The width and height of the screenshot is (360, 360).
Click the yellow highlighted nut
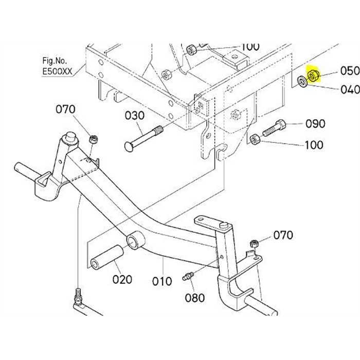pyautogui.click(x=313, y=77)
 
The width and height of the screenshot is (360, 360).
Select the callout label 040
pyautogui.click(x=350, y=89)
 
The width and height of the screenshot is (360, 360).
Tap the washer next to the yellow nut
pyautogui.click(x=302, y=81)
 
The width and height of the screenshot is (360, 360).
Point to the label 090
pyautogui.click(x=315, y=124)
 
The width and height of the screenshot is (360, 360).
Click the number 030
pyautogui.click(x=135, y=116)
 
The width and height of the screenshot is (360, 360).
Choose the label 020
pyautogui.click(x=122, y=280)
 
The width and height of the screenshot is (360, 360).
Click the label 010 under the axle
pyautogui.click(x=161, y=281)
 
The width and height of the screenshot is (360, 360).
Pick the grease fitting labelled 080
pyautogui.click(x=188, y=276)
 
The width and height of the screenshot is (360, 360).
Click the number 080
pyautogui.click(x=195, y=298)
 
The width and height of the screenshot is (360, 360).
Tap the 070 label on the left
pyautogui.click(x=65, y=110)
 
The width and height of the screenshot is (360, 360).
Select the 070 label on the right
pyautogui.click(x=283, y=236)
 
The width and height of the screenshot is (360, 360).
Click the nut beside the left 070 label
pyautogui.click(x=93, y=139)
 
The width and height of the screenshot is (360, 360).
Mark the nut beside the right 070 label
pyautogui.click(x=253, y=243)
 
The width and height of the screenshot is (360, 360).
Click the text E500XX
pyautogui.click(x=58, y=73)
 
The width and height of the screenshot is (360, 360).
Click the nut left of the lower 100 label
pyautogui.click(x=254, y=139)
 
